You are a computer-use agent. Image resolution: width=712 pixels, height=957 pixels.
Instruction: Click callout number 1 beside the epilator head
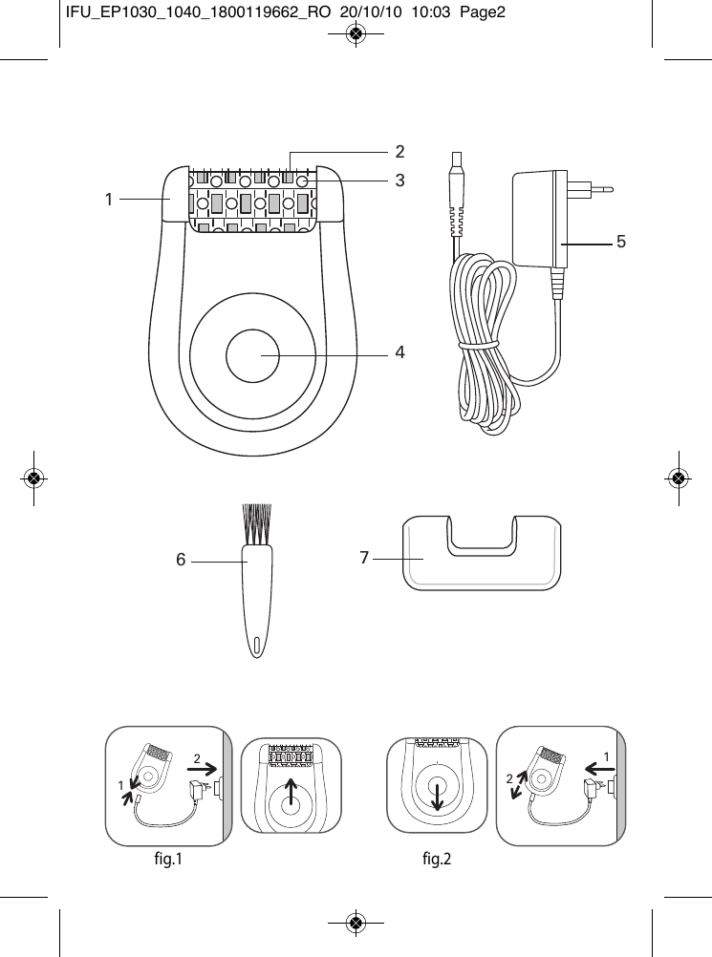[109, 200]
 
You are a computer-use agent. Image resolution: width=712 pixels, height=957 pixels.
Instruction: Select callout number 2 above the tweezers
[399, 151]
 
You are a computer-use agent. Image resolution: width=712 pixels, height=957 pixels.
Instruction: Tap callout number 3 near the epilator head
[399, 180]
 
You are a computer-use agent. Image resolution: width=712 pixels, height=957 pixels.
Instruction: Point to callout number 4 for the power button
[399, 352]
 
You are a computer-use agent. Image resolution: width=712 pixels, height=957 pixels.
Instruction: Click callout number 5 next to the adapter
[620, 243]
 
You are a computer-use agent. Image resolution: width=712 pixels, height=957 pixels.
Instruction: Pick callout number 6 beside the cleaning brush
[181, 562]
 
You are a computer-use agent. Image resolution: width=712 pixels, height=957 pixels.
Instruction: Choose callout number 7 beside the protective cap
[365, 557]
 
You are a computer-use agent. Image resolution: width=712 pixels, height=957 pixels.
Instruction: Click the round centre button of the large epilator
[252, 353]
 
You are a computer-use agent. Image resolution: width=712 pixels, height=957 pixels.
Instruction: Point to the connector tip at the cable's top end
[456, 172]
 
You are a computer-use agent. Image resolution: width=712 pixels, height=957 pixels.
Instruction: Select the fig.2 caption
[436, 860]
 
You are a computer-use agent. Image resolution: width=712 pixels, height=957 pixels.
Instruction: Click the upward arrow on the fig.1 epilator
[291, 792]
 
